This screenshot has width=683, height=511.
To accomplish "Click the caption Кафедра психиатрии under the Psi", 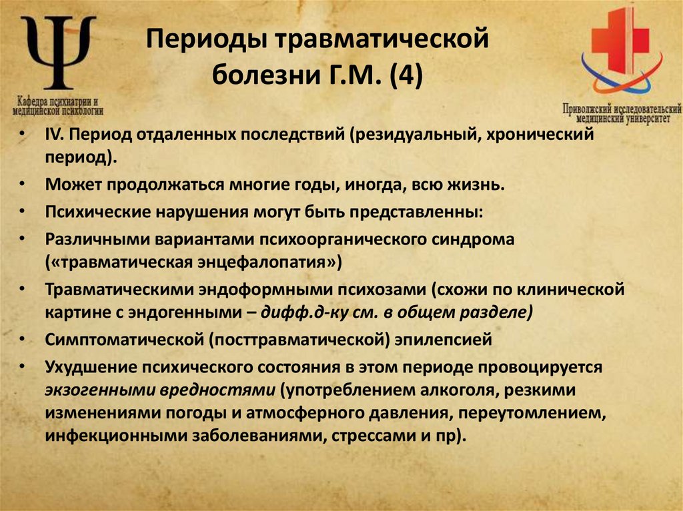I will (58, 100).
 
